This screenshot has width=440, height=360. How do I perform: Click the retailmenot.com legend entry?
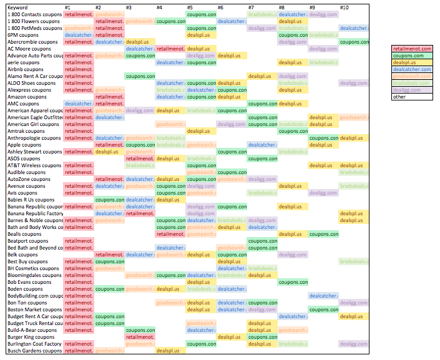[411, 49]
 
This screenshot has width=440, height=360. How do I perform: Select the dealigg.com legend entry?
[411, 90]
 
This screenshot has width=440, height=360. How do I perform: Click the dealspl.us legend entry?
[411, 62]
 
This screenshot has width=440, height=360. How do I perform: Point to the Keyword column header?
[17, 7]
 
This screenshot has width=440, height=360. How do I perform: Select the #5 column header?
[190, 7]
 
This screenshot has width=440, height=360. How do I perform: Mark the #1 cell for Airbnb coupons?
[78, 69]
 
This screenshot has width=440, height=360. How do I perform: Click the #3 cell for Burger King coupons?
[140, 337]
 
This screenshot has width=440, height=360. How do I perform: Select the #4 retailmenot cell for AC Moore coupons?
[170, 49]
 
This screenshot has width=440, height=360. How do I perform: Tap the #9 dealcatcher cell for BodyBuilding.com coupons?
[323, 296]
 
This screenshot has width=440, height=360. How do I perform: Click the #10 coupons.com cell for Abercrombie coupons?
[354, 42]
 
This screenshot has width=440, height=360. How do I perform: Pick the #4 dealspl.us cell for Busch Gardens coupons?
[170, 351]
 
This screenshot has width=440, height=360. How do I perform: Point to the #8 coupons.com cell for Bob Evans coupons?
[293, 282]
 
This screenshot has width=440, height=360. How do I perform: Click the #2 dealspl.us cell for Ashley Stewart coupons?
[109, 152]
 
